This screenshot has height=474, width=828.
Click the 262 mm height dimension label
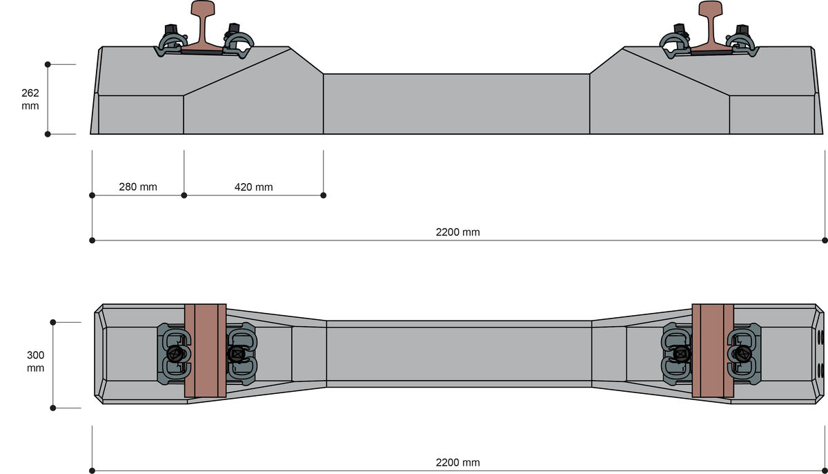coord(30,99)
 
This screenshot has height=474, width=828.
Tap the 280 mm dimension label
coord(138,187)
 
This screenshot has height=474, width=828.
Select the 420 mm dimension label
coord(254,187)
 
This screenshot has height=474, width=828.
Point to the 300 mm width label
coord(35,361)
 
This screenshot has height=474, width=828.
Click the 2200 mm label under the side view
coord(457,232)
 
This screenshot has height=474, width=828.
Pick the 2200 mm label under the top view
coord(457,462)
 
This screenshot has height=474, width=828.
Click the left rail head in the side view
coord(203,8)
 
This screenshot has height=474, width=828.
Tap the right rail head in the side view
coord(711,8)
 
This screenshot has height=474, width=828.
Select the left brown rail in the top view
coord(205,350)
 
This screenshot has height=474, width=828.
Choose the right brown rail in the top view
coord(713,350)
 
